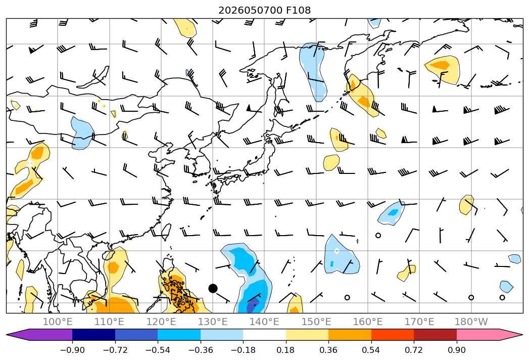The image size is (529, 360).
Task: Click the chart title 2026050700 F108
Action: (x=265, y=10)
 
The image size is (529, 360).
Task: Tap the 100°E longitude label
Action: (x=58, y=322)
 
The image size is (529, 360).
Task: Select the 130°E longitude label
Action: (x=213, y=322)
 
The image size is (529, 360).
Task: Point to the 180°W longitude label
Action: (x=471, y=322)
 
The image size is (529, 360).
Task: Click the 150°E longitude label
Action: (x=316, y=322)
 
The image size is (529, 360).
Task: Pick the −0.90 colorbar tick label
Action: (x=72, y=350)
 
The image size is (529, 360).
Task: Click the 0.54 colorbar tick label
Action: (x=371, y=350)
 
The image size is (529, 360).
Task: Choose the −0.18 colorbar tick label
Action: (x=243, y=350)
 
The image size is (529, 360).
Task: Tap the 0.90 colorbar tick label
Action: (x=456, y=350)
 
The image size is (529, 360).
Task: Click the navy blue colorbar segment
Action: (x=93, y=335)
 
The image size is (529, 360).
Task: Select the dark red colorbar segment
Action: (x=435, y=335)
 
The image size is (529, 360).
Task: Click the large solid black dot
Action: (x=213, y=288)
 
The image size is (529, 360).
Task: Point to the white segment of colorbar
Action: (x=265, y=335)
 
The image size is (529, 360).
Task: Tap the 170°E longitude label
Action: (x=419, y=322)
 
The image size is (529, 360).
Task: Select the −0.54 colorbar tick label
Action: (x=158, y=350)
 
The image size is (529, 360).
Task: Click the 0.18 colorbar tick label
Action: (x=286, y=350)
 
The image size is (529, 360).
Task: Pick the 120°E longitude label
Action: (x=161, y=322)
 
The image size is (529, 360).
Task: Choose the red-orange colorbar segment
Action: (x=393, y=335)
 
